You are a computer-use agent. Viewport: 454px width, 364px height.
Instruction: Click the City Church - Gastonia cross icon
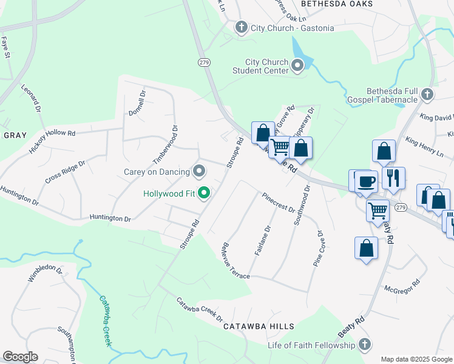241,27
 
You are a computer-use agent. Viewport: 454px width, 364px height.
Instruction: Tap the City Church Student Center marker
297,66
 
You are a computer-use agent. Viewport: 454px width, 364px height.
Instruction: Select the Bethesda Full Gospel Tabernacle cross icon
427,94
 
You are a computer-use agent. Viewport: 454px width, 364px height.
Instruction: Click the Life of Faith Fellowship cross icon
364,345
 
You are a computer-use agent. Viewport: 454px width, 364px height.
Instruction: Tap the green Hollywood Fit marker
205,194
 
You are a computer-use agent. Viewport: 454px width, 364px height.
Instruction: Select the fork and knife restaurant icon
393,177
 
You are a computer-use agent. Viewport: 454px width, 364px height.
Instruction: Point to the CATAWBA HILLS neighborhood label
259,326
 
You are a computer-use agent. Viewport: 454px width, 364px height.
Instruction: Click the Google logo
20,357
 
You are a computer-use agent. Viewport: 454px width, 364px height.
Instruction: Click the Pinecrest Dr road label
278,203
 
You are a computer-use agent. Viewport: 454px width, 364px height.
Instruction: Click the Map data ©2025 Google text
415,359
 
